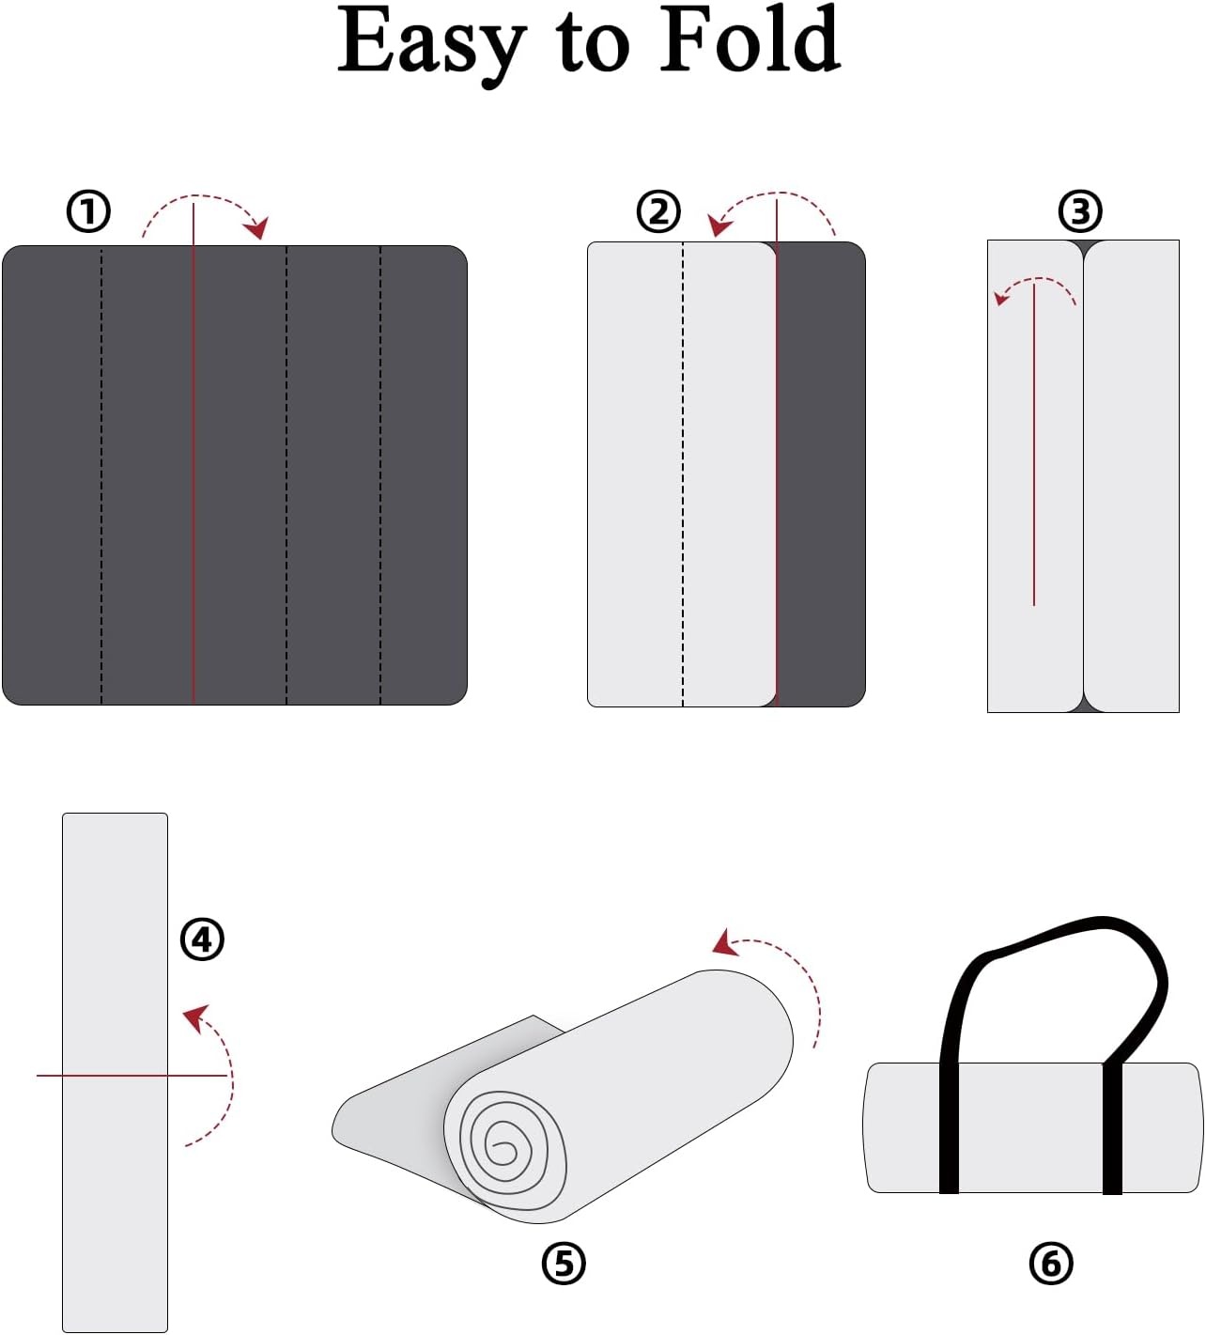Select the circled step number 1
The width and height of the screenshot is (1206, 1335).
pos(88,211)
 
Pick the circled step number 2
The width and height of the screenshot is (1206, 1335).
pos(658,211)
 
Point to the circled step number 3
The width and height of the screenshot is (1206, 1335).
pos(1079,211)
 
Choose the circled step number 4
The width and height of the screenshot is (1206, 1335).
pos(202,939)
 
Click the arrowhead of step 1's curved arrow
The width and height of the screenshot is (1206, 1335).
pos(257,227)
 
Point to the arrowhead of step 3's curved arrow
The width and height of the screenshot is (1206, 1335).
pos(1000,298)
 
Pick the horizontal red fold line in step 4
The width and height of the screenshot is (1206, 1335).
pos(131,1076)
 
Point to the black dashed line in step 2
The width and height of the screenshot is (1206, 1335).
pos(682,473)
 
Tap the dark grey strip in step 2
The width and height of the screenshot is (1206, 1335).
pos(821,473)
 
